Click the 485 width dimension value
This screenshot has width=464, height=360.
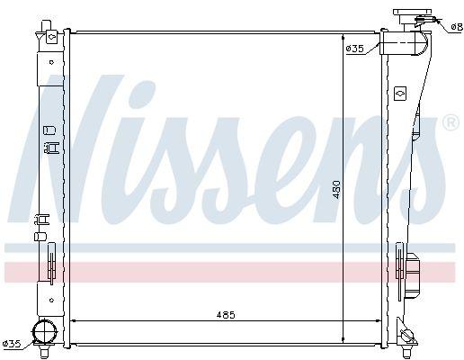point(226,314)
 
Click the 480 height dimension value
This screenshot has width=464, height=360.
point(336,189)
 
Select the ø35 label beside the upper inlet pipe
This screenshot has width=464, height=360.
point(354,48)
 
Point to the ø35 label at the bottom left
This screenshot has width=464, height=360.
point(12,342)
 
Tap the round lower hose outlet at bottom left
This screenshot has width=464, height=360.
point(42,332)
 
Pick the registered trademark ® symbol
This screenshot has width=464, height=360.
point(451,121)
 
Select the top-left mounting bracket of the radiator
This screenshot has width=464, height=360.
point(49,37)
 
